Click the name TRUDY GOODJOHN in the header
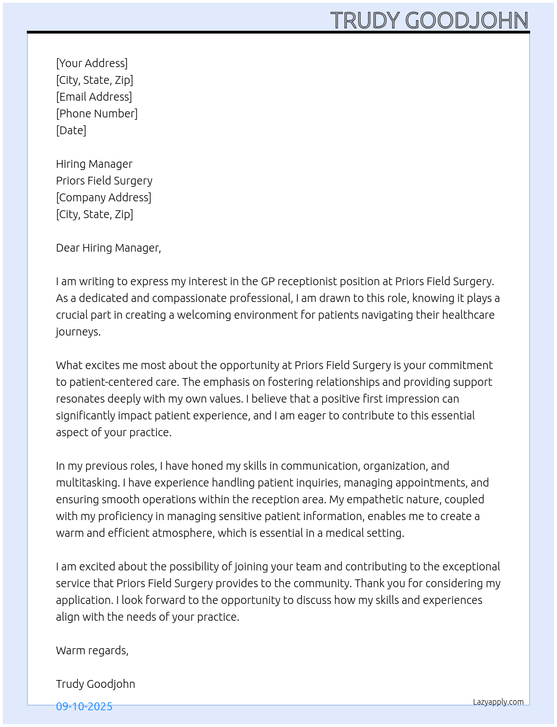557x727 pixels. coord(429,21)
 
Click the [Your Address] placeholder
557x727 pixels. coord(92,63)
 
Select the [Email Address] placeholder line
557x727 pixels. coord(94,97)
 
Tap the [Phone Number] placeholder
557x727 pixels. coord(97,114)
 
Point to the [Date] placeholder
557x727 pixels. coord(71,130)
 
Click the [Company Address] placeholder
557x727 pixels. coord(103,197)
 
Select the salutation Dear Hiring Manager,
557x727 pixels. coord(108,248)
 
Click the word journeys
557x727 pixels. coord(78,332)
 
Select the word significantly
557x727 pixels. coord(86,416)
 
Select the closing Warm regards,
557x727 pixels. coord(92,650)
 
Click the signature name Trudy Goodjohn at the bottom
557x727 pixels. coord(96,684)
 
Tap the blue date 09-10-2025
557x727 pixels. coord(84,706)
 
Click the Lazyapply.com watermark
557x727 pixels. coord(498,702)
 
